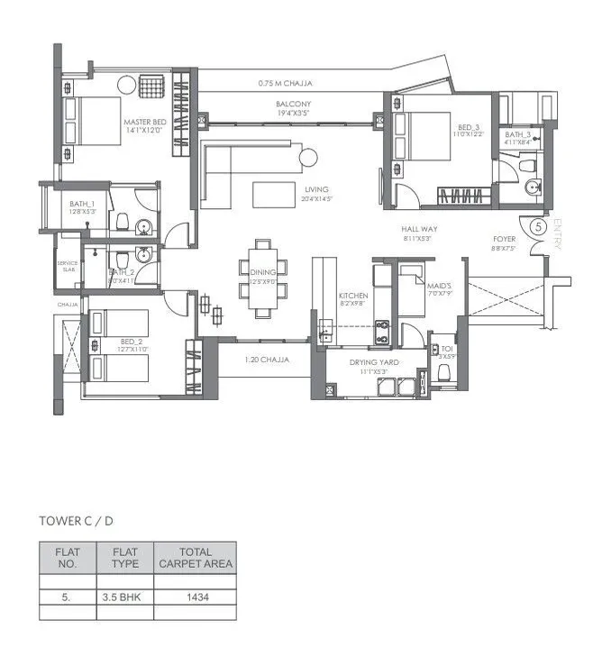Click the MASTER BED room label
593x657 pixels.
click(144, 124)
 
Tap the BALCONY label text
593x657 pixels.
click(294, 105)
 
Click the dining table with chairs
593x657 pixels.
click(263, 278)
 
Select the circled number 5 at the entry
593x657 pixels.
click(538, 227)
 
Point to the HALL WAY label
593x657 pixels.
click(419, 231)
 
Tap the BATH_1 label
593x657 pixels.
click(81, 204)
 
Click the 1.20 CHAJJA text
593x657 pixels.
click(267, 360)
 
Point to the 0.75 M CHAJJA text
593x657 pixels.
click(284, 84)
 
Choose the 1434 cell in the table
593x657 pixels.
click(196, 597)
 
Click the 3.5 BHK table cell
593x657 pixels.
click(124, 597)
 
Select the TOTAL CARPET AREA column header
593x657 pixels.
click(196, 558)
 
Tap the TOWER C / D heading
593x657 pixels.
click(76, 521)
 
